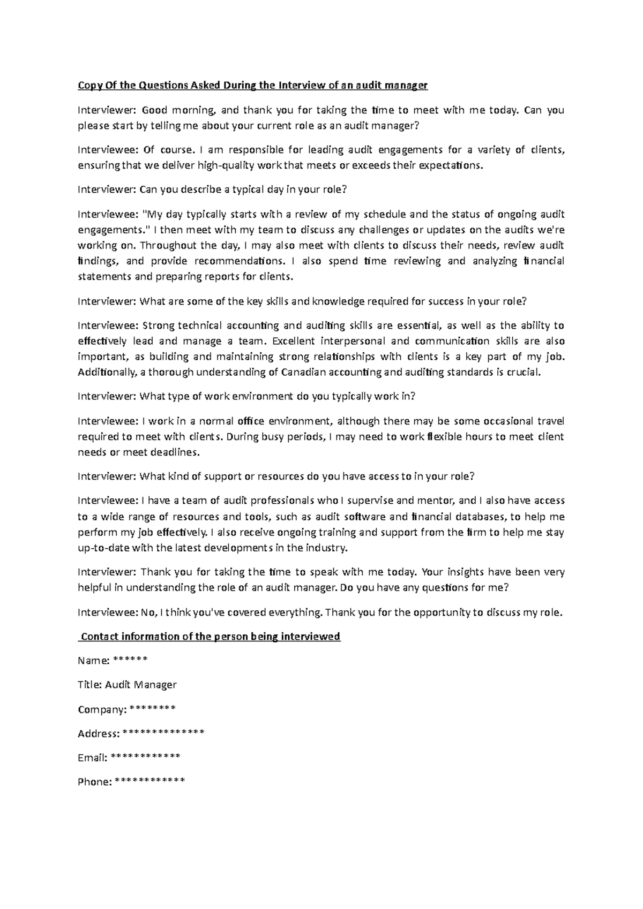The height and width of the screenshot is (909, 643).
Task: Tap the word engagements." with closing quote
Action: (113, 230)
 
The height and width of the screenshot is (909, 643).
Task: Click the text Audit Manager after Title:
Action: (141, 684)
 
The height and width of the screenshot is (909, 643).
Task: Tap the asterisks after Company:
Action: (152, 709)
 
